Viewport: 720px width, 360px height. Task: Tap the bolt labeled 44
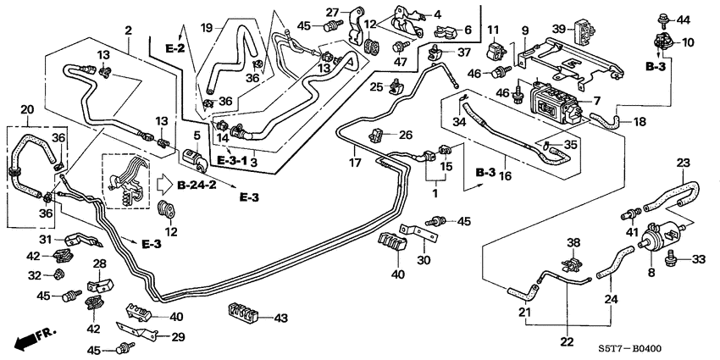[660, 16]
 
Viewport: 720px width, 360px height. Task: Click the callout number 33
[699, 259]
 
